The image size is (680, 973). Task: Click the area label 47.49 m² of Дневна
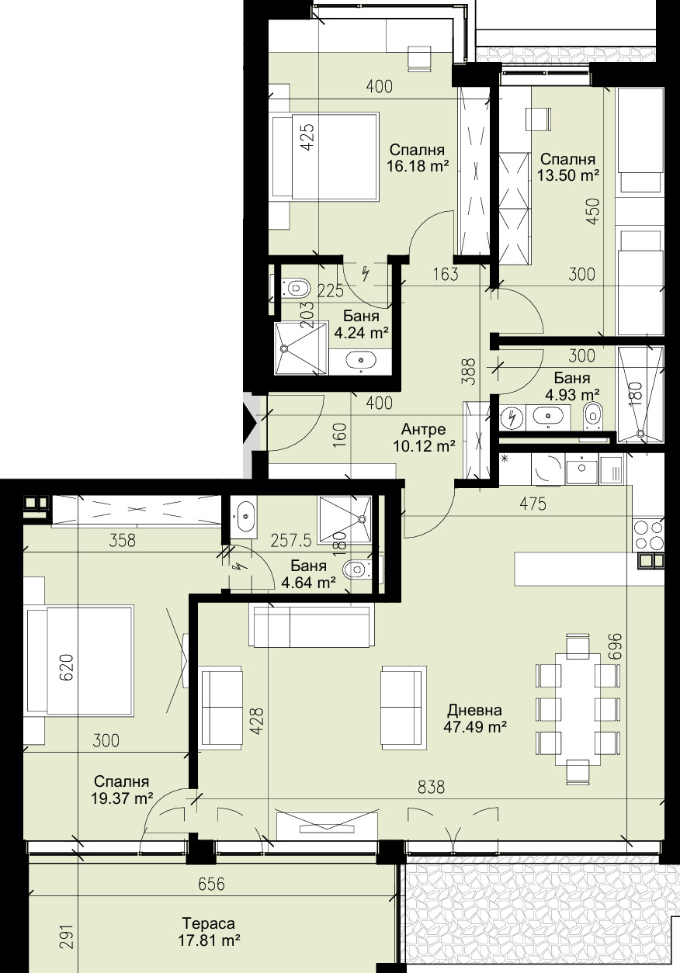point(475,727)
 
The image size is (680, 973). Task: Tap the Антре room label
point(424,430)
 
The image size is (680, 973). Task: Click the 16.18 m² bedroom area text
point(417,166)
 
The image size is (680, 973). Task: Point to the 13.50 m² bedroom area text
point(568,175)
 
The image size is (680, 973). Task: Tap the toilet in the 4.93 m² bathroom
point(592,415)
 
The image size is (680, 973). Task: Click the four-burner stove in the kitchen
point(649,535)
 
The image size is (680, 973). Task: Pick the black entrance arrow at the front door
point(251,424)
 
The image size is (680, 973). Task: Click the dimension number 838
point(431,787)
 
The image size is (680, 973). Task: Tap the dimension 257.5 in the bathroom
point(290,541)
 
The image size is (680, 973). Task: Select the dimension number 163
point(446,274)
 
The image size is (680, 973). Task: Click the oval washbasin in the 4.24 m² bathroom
point(361,360)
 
